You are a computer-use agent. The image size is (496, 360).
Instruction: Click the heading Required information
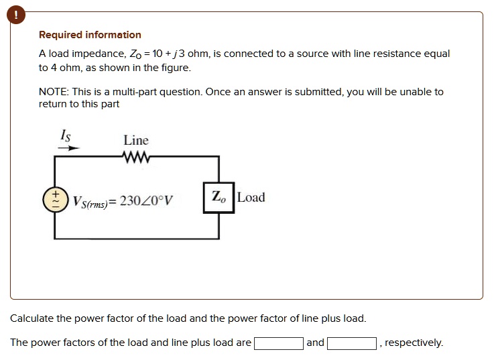(90, 35)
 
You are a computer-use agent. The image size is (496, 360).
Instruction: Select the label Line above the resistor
(136, 140)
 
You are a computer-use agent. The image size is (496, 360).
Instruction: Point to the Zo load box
(219, 198)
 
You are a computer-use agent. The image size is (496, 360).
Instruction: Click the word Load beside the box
(251, 197)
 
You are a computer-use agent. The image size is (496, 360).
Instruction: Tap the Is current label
(65, 135)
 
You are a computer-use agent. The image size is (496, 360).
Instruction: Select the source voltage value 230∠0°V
(147, 200)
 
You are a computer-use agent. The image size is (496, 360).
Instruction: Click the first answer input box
(278, 343)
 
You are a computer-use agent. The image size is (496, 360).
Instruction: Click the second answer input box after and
(351, 343)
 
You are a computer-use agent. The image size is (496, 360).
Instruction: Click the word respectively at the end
(414, 343)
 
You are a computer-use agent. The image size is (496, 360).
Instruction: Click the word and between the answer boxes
(315, 343)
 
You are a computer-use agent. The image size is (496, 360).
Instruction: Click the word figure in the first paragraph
(176, 68)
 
